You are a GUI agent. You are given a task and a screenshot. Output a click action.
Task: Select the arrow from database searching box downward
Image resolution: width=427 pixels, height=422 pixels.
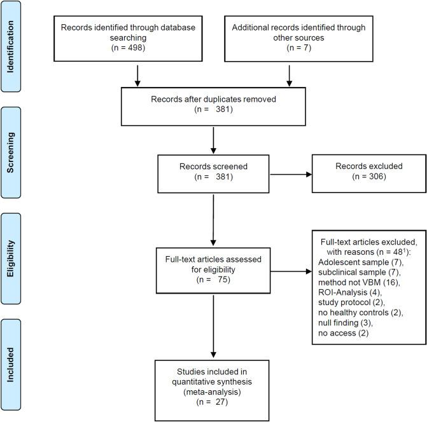click(x=137, y=75)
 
